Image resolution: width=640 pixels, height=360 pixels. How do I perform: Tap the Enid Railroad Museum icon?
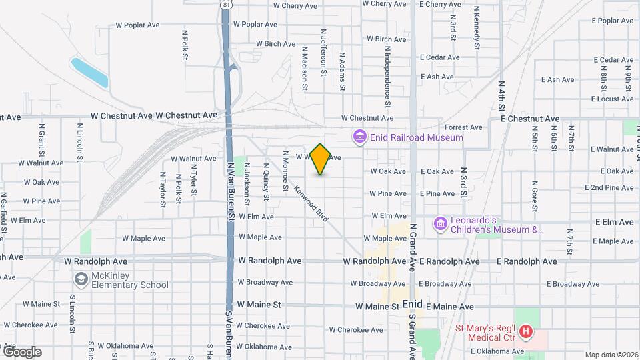(360, 137)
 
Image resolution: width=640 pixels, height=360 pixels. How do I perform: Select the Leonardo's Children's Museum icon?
(440, 223)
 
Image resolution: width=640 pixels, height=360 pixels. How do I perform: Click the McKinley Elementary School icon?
(81, 279)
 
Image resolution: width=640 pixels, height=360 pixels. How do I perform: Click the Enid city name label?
(413, 305)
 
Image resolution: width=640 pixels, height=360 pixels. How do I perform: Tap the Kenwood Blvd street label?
(311, 203)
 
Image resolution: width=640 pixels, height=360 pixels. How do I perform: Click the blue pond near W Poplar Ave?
(89, 73)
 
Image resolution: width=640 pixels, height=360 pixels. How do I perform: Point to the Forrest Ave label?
(463, 127)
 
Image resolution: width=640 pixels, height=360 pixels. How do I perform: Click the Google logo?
(22, 351)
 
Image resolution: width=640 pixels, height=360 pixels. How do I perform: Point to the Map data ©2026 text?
(611, 355)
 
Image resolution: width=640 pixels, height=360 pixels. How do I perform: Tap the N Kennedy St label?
(477, 28)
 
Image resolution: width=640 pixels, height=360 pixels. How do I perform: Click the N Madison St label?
(304, 67)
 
